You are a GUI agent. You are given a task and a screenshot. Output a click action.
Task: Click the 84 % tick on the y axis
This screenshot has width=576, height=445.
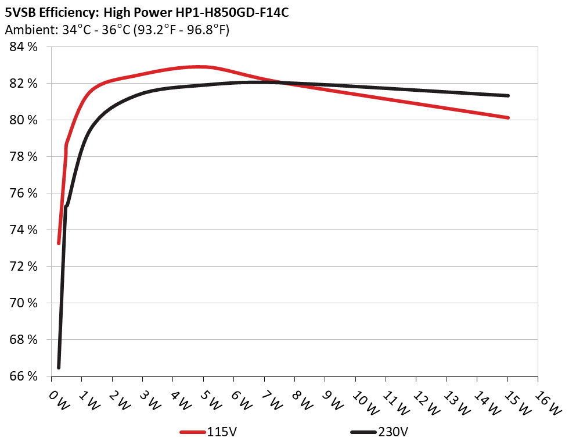click(24, 47)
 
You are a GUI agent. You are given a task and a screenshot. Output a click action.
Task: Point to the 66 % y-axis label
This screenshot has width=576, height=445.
click(24, 376)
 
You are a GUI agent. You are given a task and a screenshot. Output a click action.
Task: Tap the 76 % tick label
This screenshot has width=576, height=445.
click(24, 193)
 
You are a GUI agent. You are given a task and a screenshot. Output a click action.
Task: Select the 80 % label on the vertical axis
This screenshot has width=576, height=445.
click(24, 120)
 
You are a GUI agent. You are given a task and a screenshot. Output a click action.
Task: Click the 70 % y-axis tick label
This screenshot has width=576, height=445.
click(24, 303)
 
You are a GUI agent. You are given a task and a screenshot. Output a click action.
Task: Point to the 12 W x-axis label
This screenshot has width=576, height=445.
click(424, 401)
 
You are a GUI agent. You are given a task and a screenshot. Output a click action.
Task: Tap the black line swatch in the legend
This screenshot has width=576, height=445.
click(363, 433)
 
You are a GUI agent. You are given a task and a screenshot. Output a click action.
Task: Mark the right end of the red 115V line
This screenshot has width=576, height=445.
click(508, 117)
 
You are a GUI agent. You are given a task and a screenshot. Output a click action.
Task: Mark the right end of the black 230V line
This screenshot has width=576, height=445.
click(508, 96)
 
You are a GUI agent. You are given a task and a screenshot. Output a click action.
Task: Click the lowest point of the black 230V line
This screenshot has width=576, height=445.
click(59, 367)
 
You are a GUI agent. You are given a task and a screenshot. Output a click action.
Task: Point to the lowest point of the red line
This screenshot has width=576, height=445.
click(59, 243)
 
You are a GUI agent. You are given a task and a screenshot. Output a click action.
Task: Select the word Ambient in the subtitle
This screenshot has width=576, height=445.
click(27, 30)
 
